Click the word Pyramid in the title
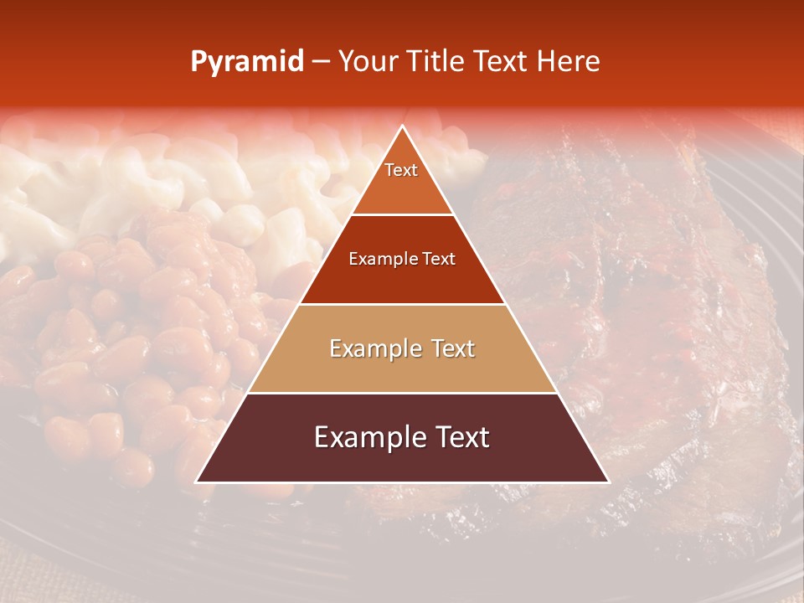pyautogui.click(x=246, y=61)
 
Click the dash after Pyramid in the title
pyautogui.click(x=320, y=62)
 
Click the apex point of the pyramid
pyautogui.click(x=402, y=127)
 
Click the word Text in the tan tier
pyautogui.click(x=452, y=348)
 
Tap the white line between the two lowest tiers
pyautogui.click(x=402, y=393)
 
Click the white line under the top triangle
pyautogui.click(x=402, y=215)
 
